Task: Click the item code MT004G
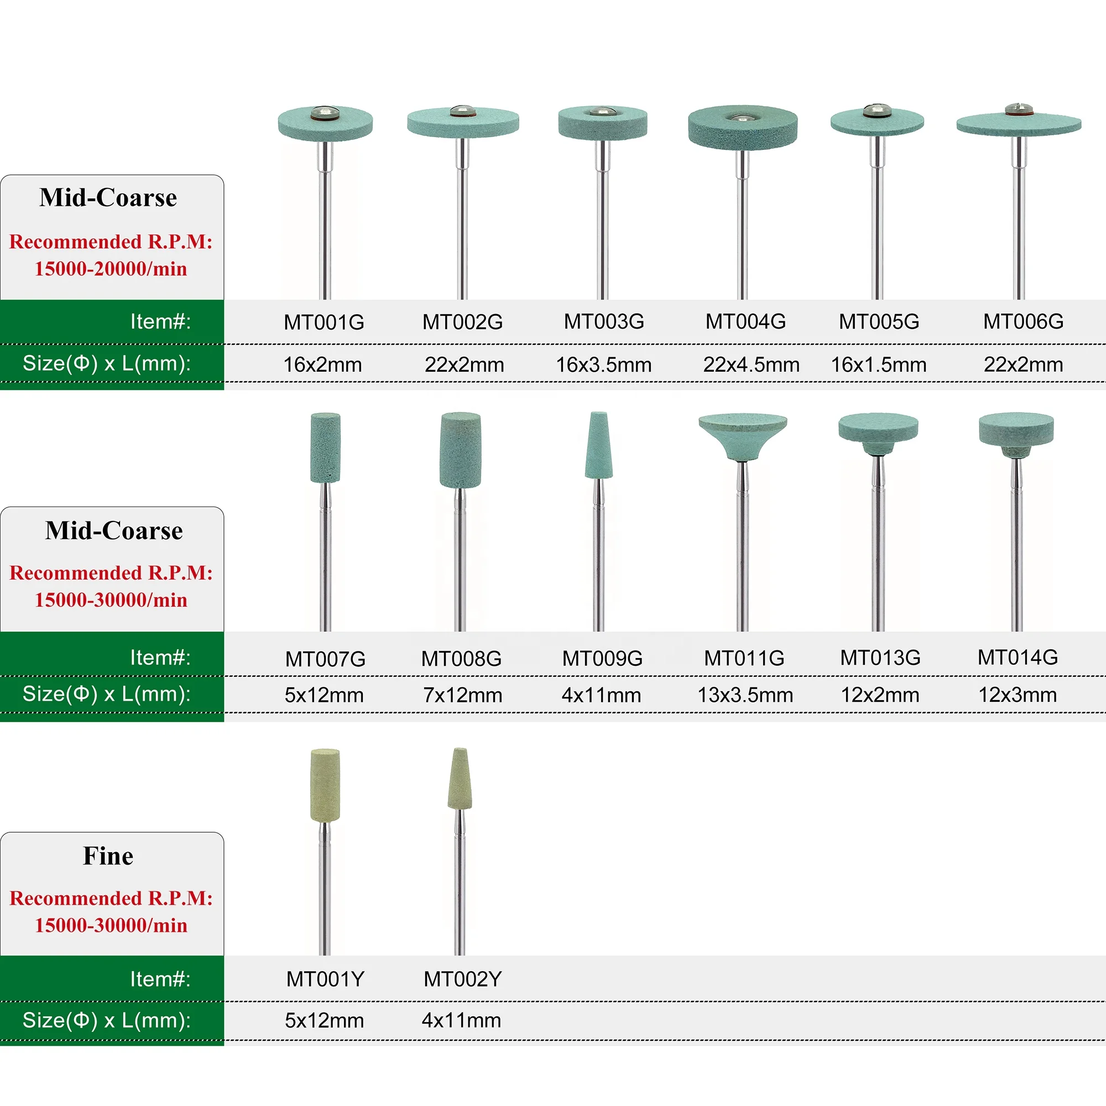click(x=745, y=322)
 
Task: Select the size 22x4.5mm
click(x=751, y=364)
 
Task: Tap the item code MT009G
click(x=602, y=658)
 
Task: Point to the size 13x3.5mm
click(x=745, y=695)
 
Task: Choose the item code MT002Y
click(x=462, y=979)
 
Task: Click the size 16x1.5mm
click(x=879, y=364)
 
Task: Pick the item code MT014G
click(x=1018, y=657)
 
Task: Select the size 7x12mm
click(x=462, y=695)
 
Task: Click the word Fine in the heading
click(x=108, y=856)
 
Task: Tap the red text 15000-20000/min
click(x=111, y=269)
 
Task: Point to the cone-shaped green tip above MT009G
click(x=599, y=446)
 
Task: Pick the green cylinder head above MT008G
click(x=460, y=450)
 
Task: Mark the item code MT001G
click(x=324, y=322)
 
